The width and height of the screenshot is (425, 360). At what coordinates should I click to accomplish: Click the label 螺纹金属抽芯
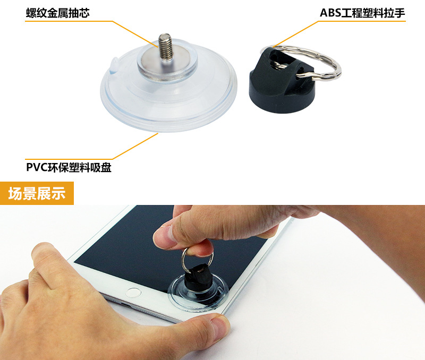click(58, 13)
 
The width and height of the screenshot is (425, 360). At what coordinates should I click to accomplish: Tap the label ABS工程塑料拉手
click(362, 13)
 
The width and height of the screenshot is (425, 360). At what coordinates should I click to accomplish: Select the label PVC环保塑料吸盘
click(69, 167)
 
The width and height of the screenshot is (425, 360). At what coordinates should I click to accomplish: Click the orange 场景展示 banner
click(37, 193)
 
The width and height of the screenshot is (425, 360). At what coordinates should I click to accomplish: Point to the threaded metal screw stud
click(166, 46)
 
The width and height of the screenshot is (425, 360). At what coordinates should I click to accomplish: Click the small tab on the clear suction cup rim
click(114, 65)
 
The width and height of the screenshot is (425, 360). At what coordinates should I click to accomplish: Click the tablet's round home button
click(134, 293)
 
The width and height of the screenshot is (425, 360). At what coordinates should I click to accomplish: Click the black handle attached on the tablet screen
click(198, 278)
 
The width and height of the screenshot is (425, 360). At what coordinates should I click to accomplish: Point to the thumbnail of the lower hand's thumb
click(219, 327)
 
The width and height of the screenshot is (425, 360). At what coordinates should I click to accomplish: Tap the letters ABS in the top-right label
click(330, 13)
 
